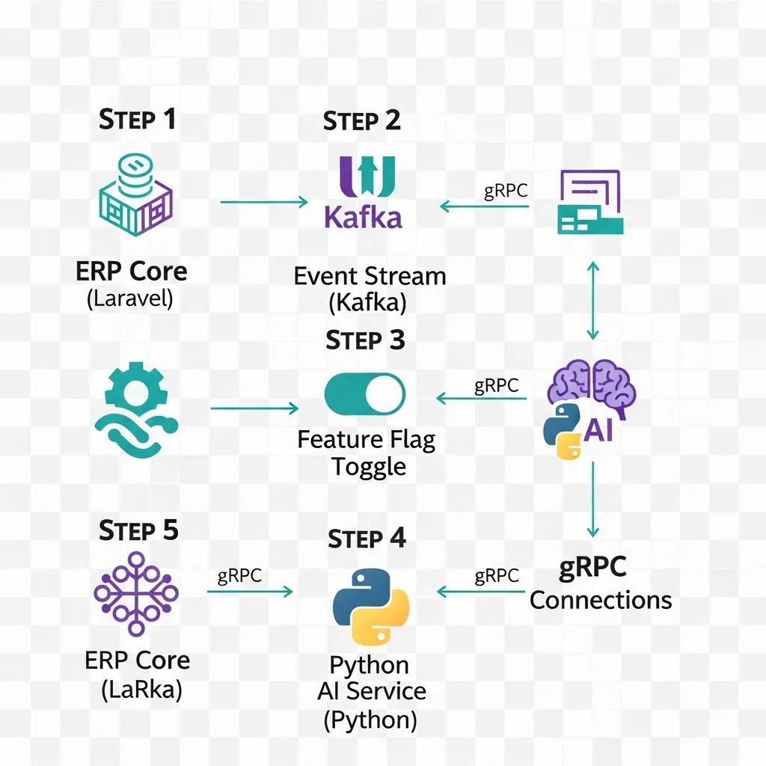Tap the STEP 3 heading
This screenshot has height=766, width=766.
[x=365, y=340]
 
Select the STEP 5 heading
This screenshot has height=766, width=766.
[x=138, y=530]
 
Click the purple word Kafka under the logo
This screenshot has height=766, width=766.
[x=363, y=217]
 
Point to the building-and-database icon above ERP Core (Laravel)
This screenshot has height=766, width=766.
[x=135, y=195]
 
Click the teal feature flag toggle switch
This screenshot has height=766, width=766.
[x=364, y=394]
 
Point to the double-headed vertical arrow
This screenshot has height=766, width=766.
[x=592, y=301]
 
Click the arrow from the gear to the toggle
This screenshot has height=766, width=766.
[x=254, y=408]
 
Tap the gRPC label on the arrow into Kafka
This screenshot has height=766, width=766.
[x=506, y=190]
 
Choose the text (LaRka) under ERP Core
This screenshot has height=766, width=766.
[x=141, y=689]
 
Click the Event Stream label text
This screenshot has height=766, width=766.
[x=370, y=276]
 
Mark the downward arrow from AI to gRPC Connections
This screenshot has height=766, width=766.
[x=592, y=498]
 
